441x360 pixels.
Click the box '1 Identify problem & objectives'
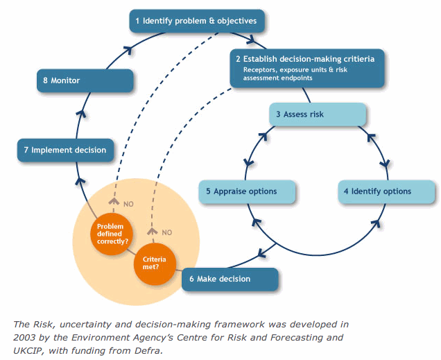coord(197,21)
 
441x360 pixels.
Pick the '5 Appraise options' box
coord(248,191)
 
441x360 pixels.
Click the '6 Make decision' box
coord(230,280)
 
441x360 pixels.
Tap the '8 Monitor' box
coord(84,80)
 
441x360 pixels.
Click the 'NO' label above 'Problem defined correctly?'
coord(128,204)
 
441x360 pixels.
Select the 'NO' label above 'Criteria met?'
coord(166,232)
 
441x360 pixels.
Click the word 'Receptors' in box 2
coord(260,70)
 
